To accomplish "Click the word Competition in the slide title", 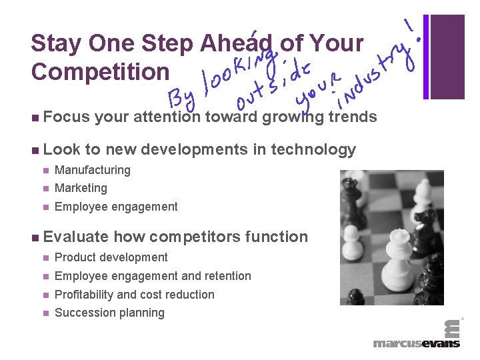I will (100, 71).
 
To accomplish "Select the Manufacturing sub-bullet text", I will (93, 170).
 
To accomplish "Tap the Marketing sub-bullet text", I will (81, 188).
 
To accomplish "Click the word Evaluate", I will (75, 237).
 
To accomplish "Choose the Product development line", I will (111, 257).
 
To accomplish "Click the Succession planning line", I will (109, 313).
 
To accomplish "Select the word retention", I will (227, 276).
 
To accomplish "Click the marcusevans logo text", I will (416, 343).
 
